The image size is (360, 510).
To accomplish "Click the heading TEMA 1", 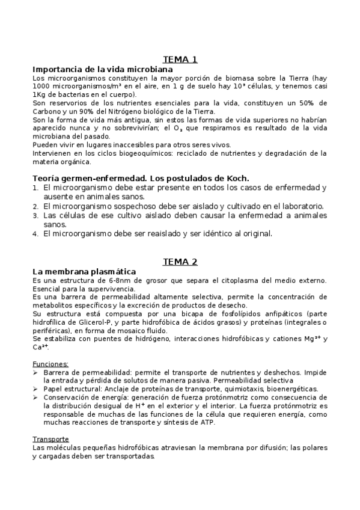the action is [x=180, y=59].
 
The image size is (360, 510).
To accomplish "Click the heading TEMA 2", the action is [x=180, y=262].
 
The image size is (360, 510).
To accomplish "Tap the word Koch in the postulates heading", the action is [x=236, y=178].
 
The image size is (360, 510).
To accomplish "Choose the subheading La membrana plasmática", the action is [x=84, y=272].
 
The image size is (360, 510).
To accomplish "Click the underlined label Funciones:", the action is [x=50, y=364].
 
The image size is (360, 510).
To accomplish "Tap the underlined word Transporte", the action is [x=51, y=438].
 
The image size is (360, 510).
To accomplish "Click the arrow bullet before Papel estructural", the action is [x=35, y=389].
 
